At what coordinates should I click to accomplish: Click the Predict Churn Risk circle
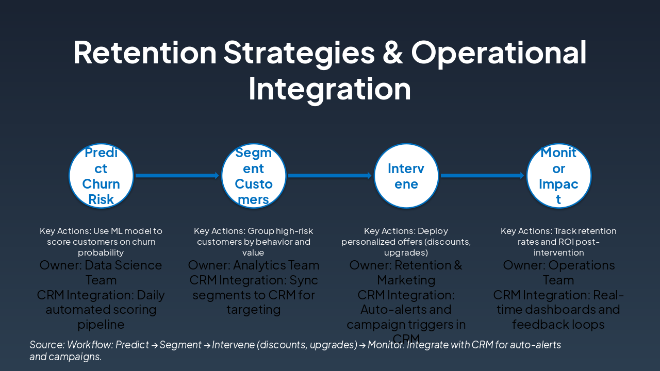coord(101,176)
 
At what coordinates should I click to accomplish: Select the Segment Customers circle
coord(254,176)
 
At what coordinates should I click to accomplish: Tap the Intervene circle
coord(406,176)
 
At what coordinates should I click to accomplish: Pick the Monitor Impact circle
coord(558,176)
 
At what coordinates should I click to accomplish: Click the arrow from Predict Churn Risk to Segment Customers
coord(177,176)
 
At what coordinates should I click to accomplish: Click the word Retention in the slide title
coord(145,52)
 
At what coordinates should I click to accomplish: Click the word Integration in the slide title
coord(329,89)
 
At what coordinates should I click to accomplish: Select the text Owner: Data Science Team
coord(101,273)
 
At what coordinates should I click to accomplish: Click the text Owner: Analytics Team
coord(254,265)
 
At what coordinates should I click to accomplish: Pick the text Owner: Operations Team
coord(558,273)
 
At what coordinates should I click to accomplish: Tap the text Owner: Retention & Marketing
coord(406,273)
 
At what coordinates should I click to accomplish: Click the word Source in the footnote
coord(44,345)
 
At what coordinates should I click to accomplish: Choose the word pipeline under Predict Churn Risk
coord(101,325)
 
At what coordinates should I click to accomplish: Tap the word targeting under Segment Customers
coord(254,310)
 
